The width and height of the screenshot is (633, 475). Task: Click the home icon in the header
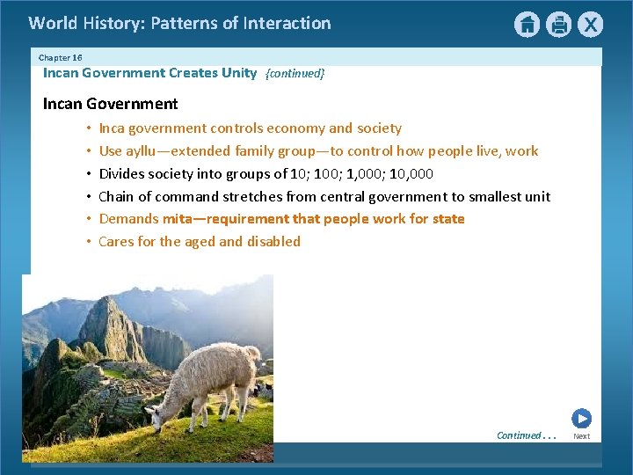(527, 25)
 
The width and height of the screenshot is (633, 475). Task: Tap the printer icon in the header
(559, 25)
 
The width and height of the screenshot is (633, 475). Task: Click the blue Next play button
(581, 419)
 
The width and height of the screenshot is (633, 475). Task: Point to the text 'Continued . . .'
(526, 435)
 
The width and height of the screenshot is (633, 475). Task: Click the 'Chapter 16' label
(60, 57)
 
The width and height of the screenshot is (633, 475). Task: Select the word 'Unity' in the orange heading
(238, 73)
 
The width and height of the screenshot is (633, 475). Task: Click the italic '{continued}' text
(295, 74)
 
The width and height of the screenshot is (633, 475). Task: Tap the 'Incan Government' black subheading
(110, 104)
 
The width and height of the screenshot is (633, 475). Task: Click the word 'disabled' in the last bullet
(273, 241)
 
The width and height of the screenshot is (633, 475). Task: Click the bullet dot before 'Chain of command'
(89, 196)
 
